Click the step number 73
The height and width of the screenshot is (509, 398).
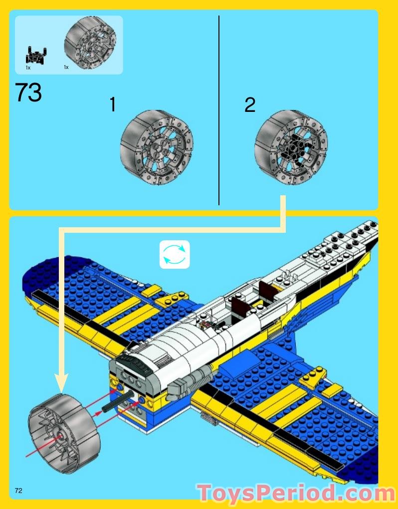[28, 93]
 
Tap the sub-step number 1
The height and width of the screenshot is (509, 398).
[113, 105]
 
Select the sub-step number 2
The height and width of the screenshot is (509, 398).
[250, 105]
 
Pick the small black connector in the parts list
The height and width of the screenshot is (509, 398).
[36, 55]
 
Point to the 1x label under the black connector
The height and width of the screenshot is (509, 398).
[28, 67]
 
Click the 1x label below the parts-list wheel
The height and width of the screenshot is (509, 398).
[66, 67]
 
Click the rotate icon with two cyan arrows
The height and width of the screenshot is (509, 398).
[175, 255]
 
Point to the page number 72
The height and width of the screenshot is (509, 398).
[18, 490]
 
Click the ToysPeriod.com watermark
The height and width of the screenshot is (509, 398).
[296, 493]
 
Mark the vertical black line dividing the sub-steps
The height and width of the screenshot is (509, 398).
[219, 110]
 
